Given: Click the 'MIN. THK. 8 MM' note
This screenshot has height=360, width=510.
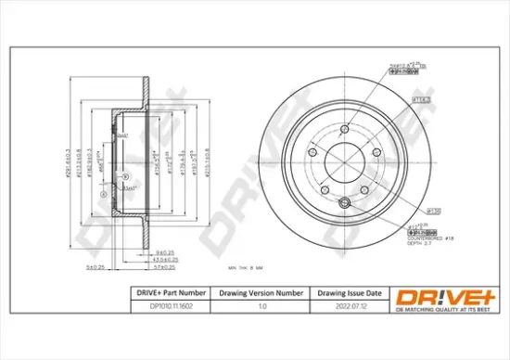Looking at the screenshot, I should click(x=246, y=267).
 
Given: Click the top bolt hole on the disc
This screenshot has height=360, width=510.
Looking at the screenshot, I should click(x=344, y=129).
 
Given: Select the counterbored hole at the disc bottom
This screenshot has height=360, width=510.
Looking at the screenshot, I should click(x=346, y=203).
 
